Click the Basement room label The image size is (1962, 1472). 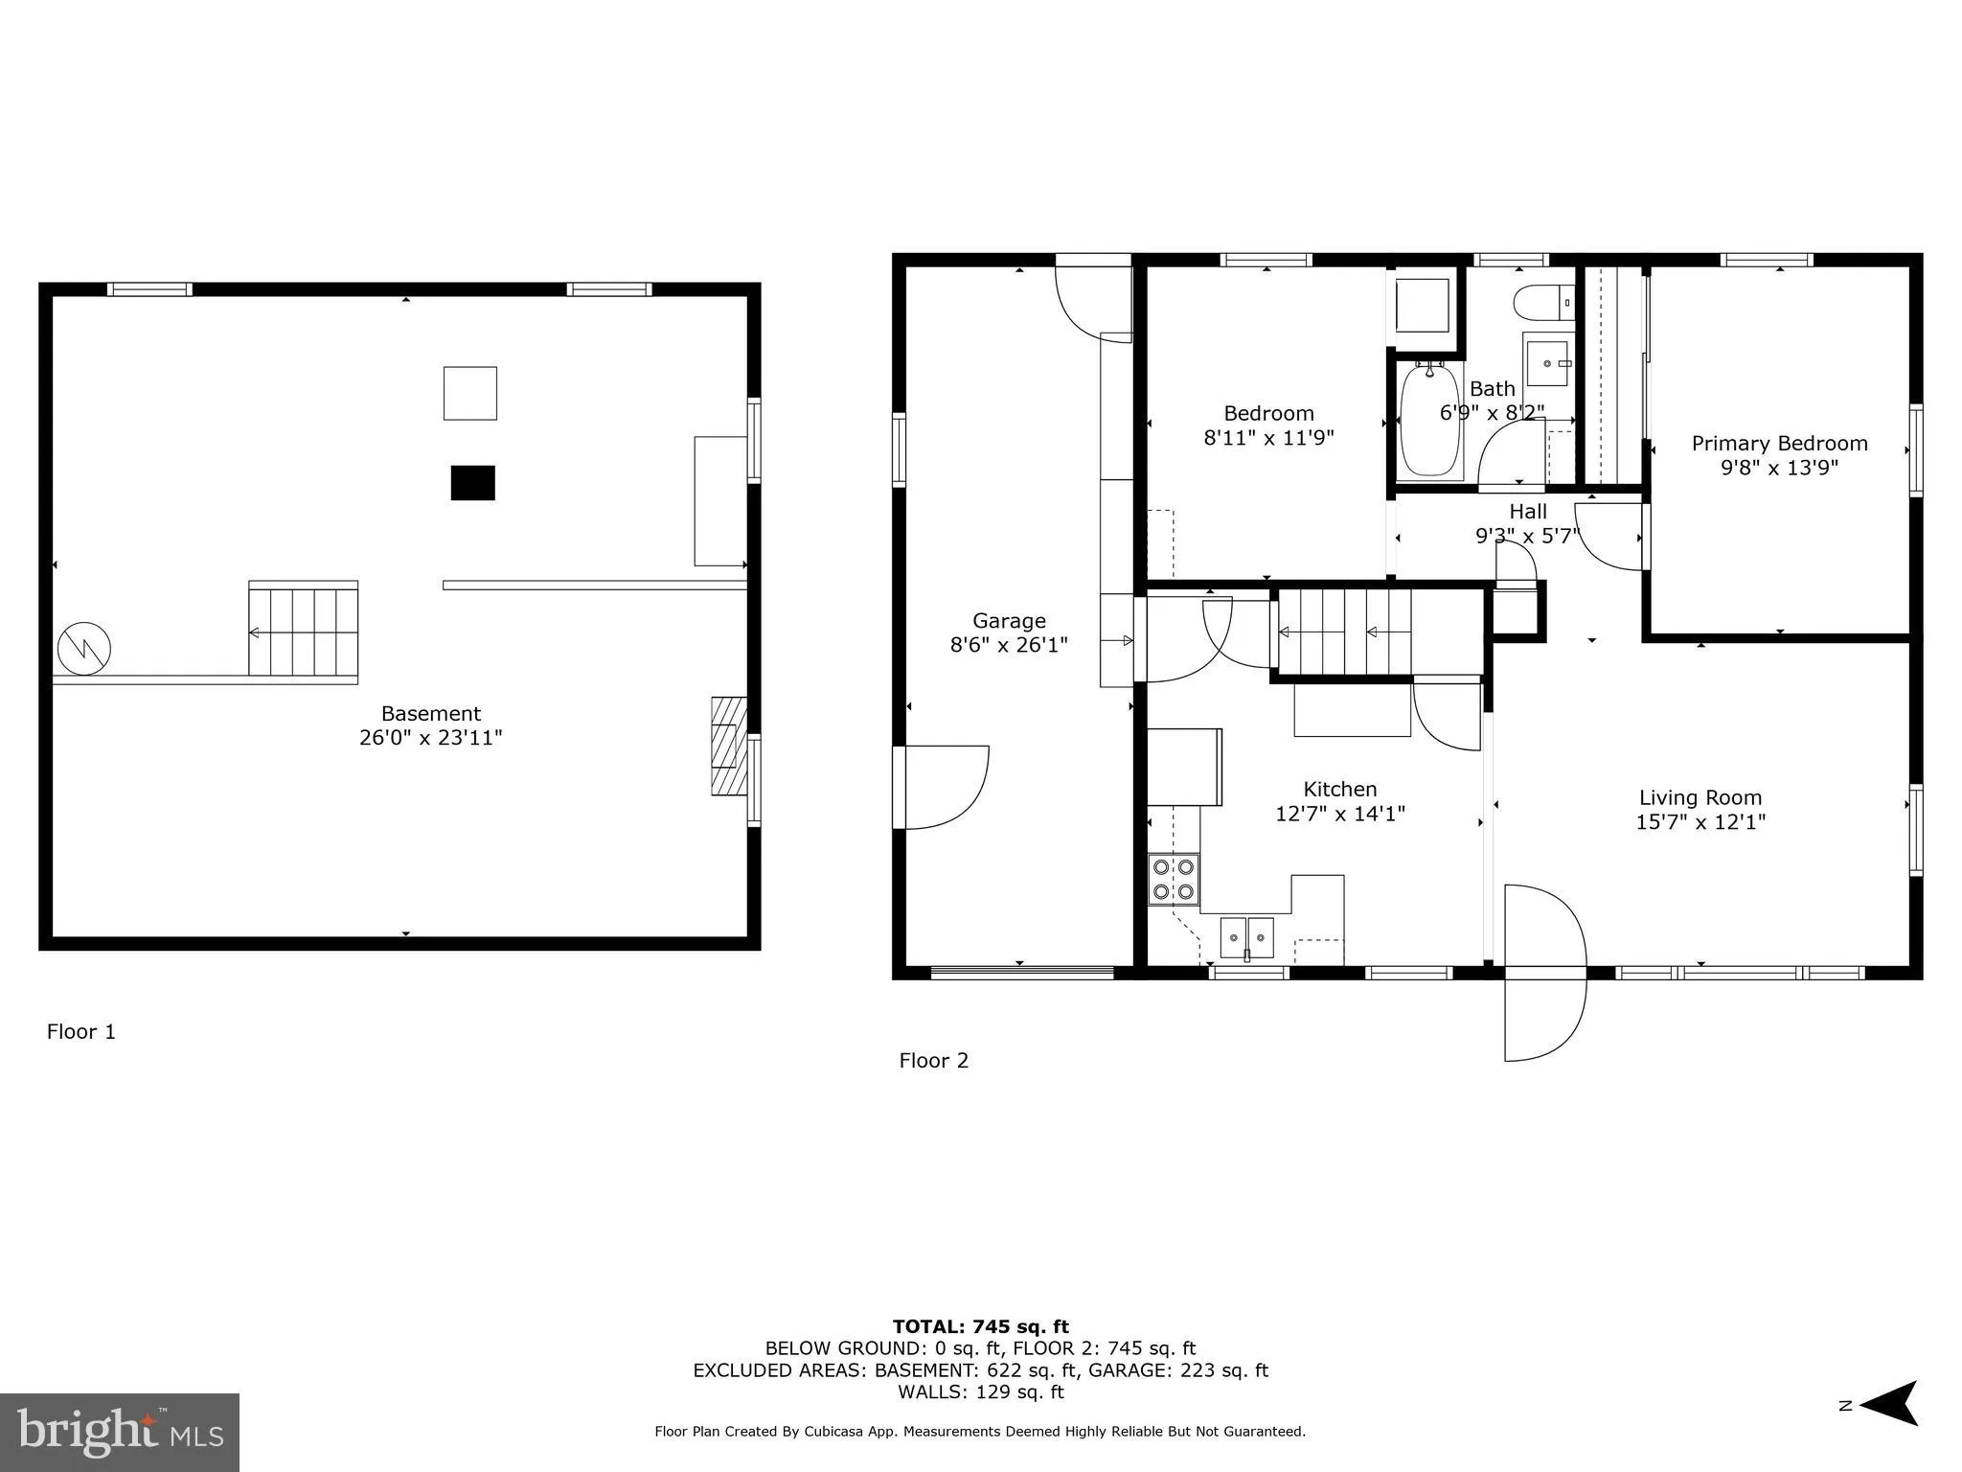click(x=430, y=713)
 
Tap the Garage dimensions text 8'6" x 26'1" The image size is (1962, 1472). click(x=1008, y=645)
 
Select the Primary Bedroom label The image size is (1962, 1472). click(x=1779, y=443)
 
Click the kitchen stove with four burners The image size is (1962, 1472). click(x=1174, y=879)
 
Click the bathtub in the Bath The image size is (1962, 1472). click(x=1429, y=422)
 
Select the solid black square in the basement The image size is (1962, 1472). click(x=472, y=483)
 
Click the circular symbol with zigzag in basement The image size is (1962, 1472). click(x=84, y=649)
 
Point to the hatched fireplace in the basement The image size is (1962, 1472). click(x=728, y=746)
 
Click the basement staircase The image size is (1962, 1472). click(x=304, y=632)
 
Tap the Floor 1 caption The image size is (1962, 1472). click(x=81, y=1032)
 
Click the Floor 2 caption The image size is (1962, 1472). click(x=933, y=1061)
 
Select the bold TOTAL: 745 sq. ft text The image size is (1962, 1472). click(x=980, y=1326)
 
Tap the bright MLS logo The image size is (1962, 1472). click(x=120, y=1432)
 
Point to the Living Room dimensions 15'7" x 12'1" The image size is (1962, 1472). click(x=1700, y=822)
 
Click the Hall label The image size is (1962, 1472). click(x=1527, y=511)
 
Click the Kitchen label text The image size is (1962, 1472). click(x=1339, y=789)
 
